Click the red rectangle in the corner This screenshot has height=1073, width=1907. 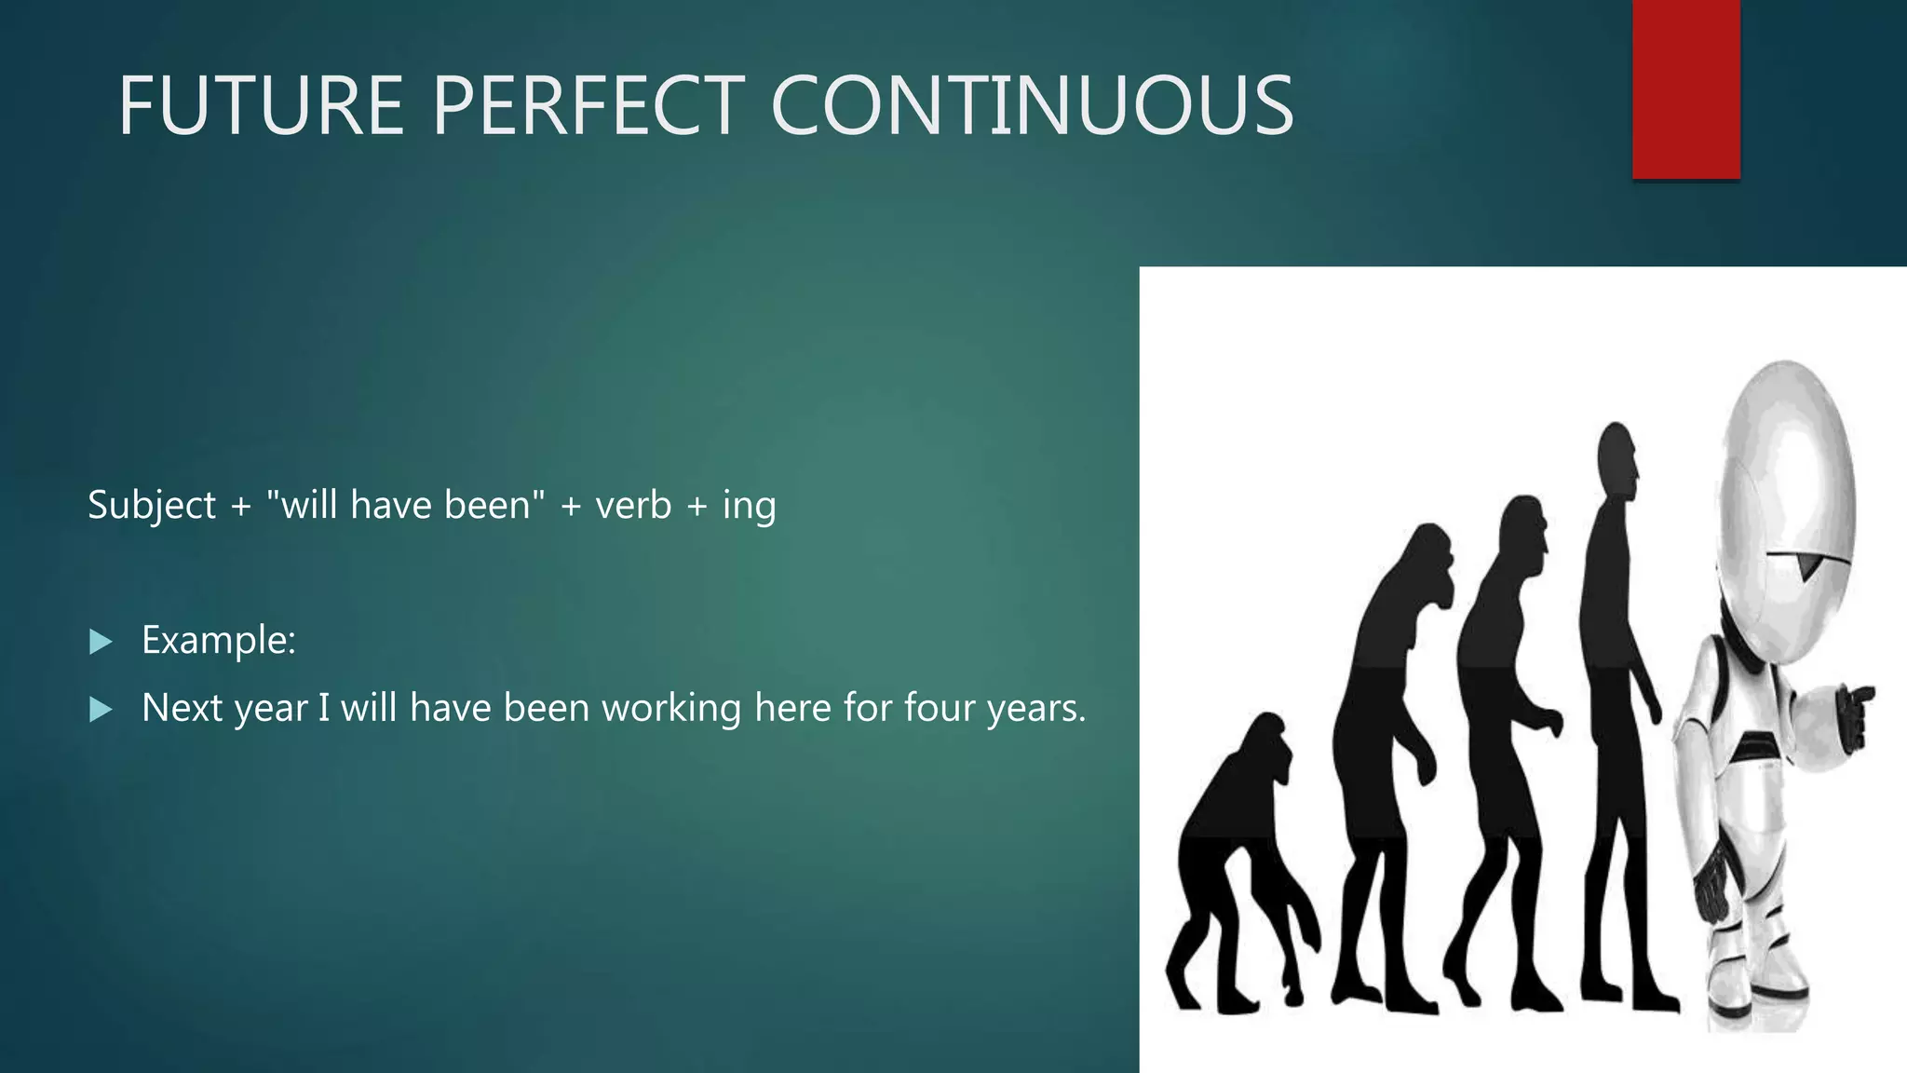[1685, 88]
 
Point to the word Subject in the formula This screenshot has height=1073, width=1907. [152, 506]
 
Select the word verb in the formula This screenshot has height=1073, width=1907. [633, 505]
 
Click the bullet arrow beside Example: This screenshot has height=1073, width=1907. [101, 642]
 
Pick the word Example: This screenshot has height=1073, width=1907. [219, 641]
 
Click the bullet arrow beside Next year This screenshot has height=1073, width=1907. [101, 711]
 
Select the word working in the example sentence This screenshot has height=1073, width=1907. [671, 709]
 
